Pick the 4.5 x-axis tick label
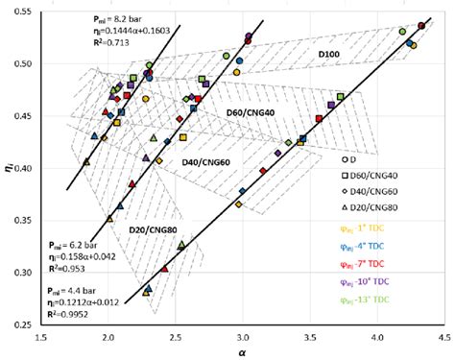click(443, 336)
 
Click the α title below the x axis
click(241, 351)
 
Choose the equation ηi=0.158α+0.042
click(89, 257)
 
